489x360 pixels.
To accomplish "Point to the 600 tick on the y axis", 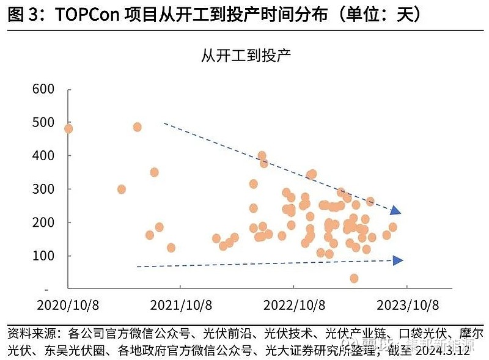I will pyautogui.click(x=44, y=89).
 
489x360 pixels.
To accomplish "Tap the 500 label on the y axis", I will pyautogui.click(x=44, y=122).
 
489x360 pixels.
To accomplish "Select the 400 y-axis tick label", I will pyautogui.click(x=44, y=156).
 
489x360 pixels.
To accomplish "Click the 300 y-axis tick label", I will pyautogui.click(x=44, y=189).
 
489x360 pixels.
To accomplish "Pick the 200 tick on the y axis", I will pyautogui.click(x=44, y=222).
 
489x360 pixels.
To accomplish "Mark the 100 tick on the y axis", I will pyautogui.click(x=44, y=256).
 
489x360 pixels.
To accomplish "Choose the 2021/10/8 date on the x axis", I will pyautogui.click(x=180, y=304).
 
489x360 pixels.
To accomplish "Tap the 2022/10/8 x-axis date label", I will pyautogui.click(x=293, y=304).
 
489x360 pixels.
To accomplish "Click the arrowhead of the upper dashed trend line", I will pyautogui.click(x=396, y=211).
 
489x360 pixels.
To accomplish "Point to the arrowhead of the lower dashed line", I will pyautogui.click(x=398, y=260).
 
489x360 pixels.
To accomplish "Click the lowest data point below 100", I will pyautogui.click(x=354, y=278).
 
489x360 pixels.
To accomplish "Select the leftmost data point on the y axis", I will pyautogui.click(x=68, y=128).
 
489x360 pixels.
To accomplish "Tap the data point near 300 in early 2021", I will pyautogui.click(x=121, y=189).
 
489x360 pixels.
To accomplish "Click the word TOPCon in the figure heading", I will pyautogui.click(x=83, y=15).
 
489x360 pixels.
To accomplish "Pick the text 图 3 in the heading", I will pyautogui.click(x=22, y=15).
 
